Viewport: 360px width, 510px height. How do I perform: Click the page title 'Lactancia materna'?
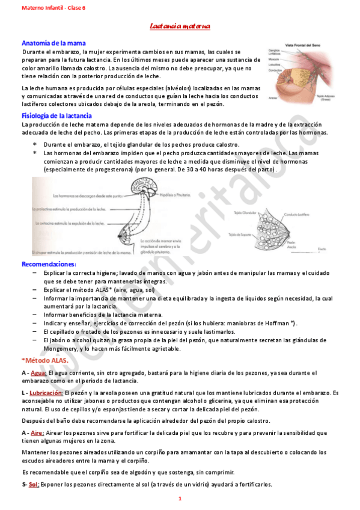point(180,27)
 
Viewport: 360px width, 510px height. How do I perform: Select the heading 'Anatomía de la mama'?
point(53,43)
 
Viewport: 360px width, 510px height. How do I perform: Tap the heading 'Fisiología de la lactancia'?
point(56,115)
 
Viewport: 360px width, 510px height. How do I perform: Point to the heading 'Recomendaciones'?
point(48,264)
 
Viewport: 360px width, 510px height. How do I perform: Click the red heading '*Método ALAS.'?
point(45,360)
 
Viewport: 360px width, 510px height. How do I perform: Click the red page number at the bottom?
point(180,499)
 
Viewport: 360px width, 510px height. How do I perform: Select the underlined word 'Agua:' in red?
point(38,373)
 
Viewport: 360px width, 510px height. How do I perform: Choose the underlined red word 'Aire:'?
point(37,432)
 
